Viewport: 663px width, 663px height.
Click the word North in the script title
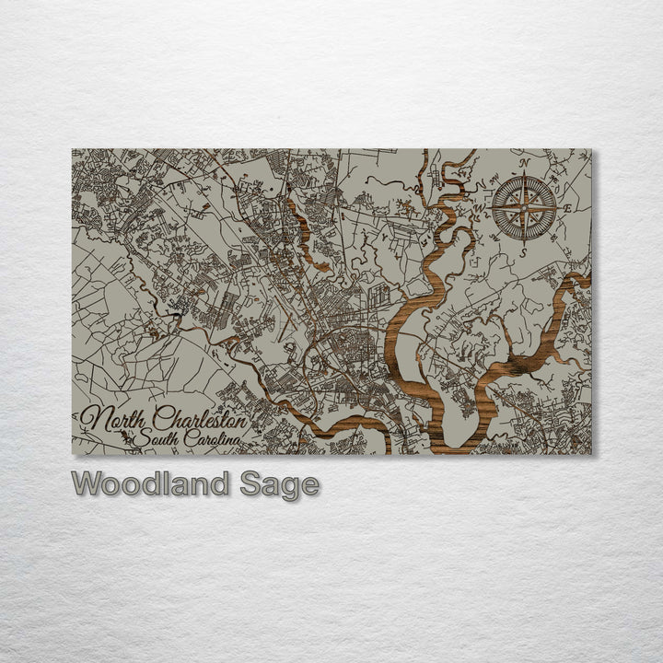pyautogui.click(x=114, y=419)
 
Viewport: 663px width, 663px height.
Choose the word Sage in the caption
pyautogui.click(x=280, y=484)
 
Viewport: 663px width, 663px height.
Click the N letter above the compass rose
pyautogui.click(x=524, y=163)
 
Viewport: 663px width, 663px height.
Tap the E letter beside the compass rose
pyautogui.click(x=567, y=209)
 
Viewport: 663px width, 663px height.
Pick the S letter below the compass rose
pyautogui.click(x=523, y=251)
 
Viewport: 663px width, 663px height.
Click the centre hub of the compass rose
pyautogui.click(x=523, y=207)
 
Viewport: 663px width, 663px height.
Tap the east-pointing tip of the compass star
pyautogui.click(x=556, y=207)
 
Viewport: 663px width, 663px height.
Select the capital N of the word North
pyautogui.click(x=96, y=420)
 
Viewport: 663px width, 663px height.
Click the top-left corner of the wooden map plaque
pyautogui.click(x=73, y=149)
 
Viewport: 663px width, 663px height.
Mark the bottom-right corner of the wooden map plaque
pyautogui.click(x=591, y=454)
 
